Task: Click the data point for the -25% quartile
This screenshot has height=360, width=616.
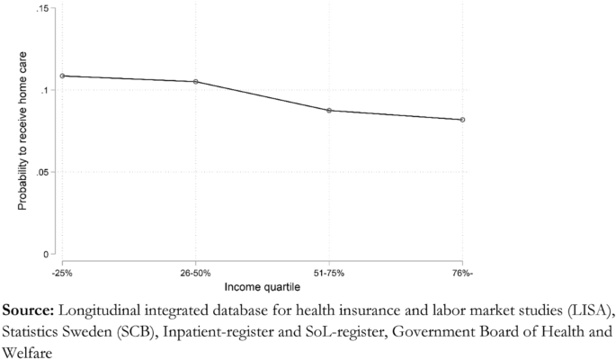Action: tap(62, 76)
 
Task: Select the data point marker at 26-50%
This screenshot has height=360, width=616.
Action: tap(196, 82)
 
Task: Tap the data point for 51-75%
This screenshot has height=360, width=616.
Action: tap(329, 111)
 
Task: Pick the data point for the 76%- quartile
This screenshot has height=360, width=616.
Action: tap(462, 120)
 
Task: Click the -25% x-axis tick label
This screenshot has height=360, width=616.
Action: tap(62, 271)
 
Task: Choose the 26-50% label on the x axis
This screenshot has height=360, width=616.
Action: tap(196, 271)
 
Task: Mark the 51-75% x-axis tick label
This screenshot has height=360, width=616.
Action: tap(329, 271)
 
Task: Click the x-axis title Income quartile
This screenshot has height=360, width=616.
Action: tap(262, 286)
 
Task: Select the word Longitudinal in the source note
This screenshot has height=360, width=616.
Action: tap(97, 310)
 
